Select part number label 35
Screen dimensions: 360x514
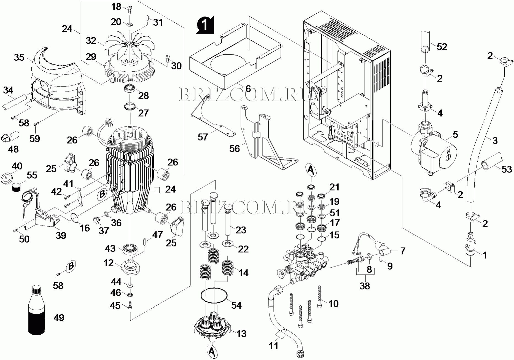pyautogui.click(x=19, y=58)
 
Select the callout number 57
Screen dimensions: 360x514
pyautogui.click(x=203, y=137)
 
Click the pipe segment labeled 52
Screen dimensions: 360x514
pyautogui.click(x=426, y=41)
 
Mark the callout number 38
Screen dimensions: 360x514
pyautogui.click(x=365, y=286)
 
